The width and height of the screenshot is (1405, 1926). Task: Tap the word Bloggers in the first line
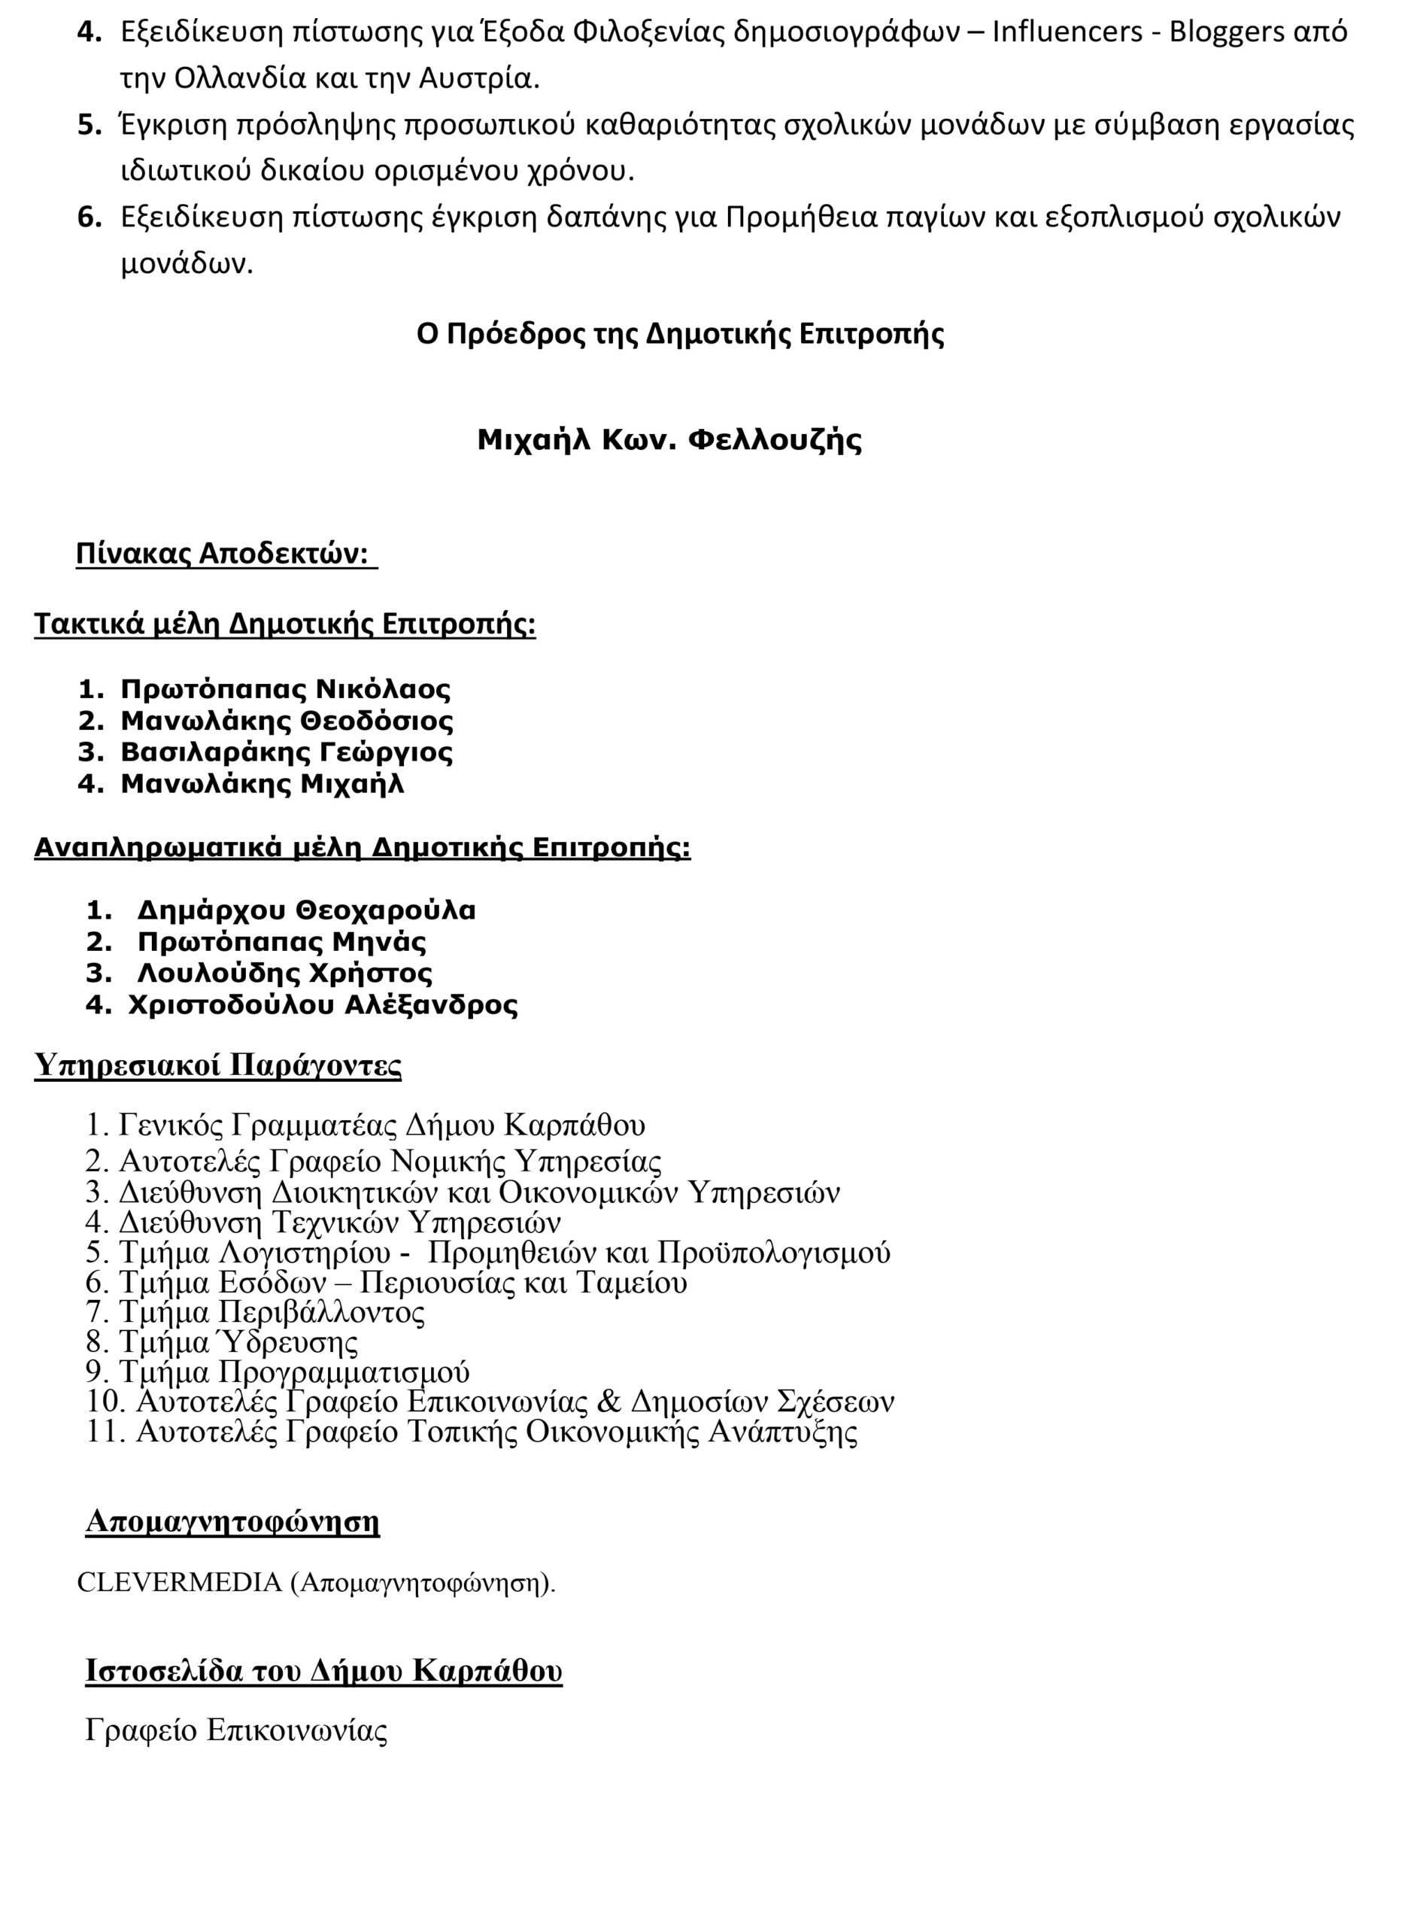[x=1227, y=32]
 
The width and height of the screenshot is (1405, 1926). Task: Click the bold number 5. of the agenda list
[x=90, y=126]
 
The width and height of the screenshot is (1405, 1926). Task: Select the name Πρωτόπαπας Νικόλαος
[x=285, y=689]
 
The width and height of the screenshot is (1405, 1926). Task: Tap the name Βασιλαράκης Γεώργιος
[x=287, y=752]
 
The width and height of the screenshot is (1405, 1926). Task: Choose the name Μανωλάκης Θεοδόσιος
[x=287, y=721]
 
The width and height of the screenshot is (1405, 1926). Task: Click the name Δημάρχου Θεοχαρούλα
[x=306, y=910]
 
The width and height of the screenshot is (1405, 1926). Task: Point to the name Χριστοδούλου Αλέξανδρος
[x=323, y=1004]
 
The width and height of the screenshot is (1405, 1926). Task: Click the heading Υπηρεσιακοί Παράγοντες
[x=217, y=1065]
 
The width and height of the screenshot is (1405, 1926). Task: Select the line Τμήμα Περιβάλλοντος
[x=272, y=1313]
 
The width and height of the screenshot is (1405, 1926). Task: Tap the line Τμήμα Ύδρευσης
[x=238, y=1342]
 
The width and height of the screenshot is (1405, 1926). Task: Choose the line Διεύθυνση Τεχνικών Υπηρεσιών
[x=339, y=1223]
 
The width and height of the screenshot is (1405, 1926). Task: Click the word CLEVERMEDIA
[x=180, y=1581]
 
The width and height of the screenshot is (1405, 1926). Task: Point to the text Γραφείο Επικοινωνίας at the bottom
[x=236, y=1730]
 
